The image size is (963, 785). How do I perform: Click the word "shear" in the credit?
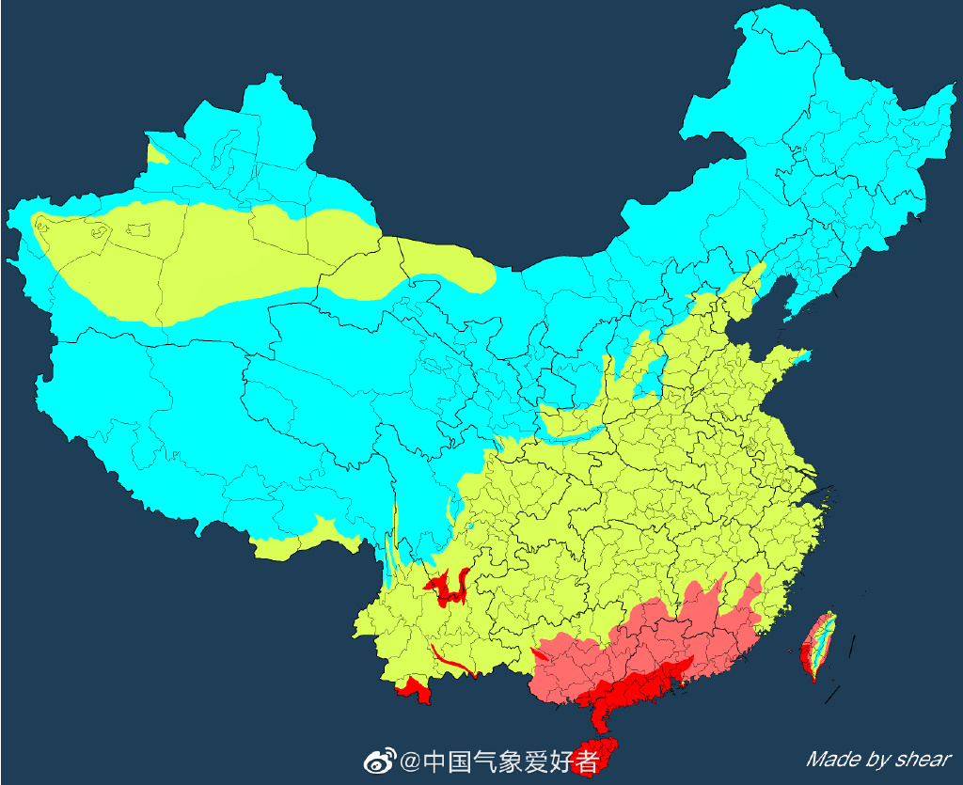pos(923,759)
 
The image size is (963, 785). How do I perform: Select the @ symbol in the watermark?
pos(410,761)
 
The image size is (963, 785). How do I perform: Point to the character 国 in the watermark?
pos(460,761)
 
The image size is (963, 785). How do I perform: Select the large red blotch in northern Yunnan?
pos(448,588)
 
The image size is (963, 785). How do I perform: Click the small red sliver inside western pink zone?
pos(540,652)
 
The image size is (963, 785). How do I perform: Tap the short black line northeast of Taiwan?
pos(852,647)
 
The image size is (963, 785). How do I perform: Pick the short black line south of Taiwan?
pos(831,695)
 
